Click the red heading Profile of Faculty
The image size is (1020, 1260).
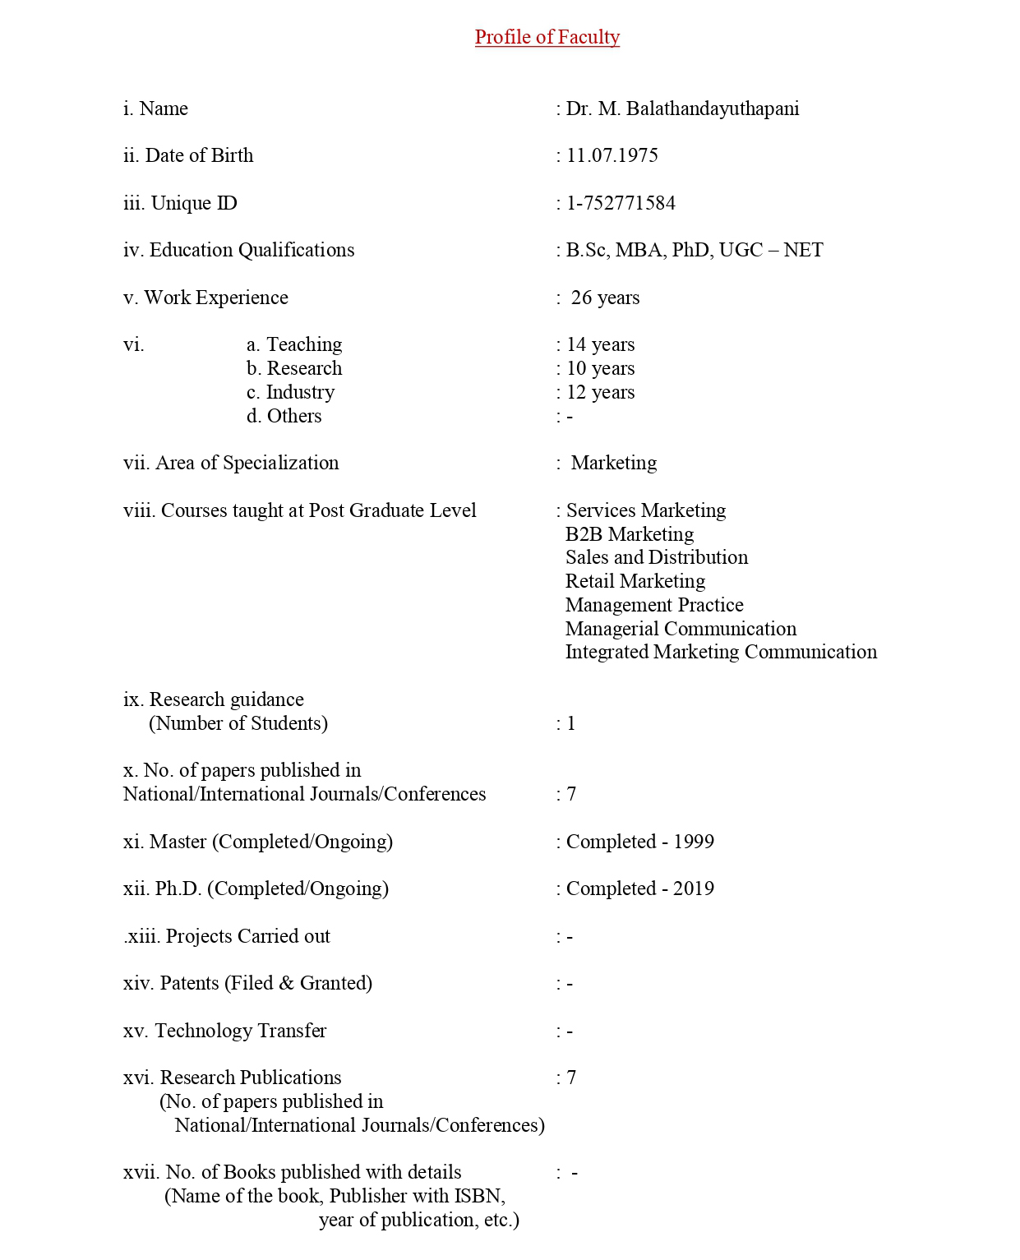point(547,38)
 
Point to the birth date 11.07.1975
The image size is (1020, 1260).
point(612,156)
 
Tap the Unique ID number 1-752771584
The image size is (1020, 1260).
point(621,204)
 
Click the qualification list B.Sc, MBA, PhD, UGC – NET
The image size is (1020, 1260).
point(694,251)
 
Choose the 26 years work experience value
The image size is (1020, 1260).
point(605,298)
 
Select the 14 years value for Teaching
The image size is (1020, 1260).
point(600,345)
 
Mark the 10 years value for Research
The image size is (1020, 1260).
point(600,369)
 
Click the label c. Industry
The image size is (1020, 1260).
point(290,393)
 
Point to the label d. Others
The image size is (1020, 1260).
point(284,417)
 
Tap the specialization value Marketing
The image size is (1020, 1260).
point(613,464)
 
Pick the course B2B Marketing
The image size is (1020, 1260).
point(629,535)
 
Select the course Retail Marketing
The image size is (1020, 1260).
point(635,582)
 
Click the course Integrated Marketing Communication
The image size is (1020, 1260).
point(721,653)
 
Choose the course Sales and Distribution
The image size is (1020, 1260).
point(656,558)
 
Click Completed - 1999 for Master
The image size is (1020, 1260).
point(639,842)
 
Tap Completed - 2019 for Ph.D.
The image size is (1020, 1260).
point(639,889)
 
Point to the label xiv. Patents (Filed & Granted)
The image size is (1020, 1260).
point(247,984)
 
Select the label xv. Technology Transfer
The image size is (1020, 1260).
point(224,1032)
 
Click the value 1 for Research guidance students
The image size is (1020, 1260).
point(571,724)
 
